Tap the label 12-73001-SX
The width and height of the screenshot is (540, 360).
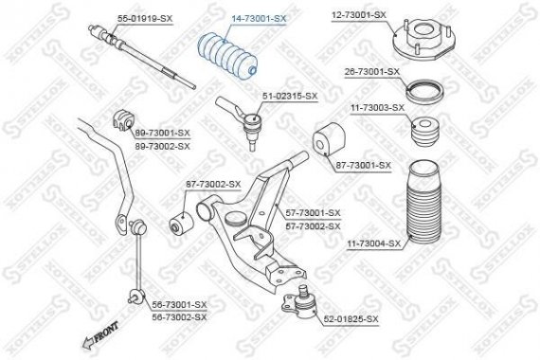point(359,15)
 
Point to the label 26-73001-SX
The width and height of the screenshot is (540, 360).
point(370,71)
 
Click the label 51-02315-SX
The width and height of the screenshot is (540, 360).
point(290,96)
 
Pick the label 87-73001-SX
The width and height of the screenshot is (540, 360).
point(363,165)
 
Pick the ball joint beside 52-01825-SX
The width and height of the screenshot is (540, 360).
point(299,300)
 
